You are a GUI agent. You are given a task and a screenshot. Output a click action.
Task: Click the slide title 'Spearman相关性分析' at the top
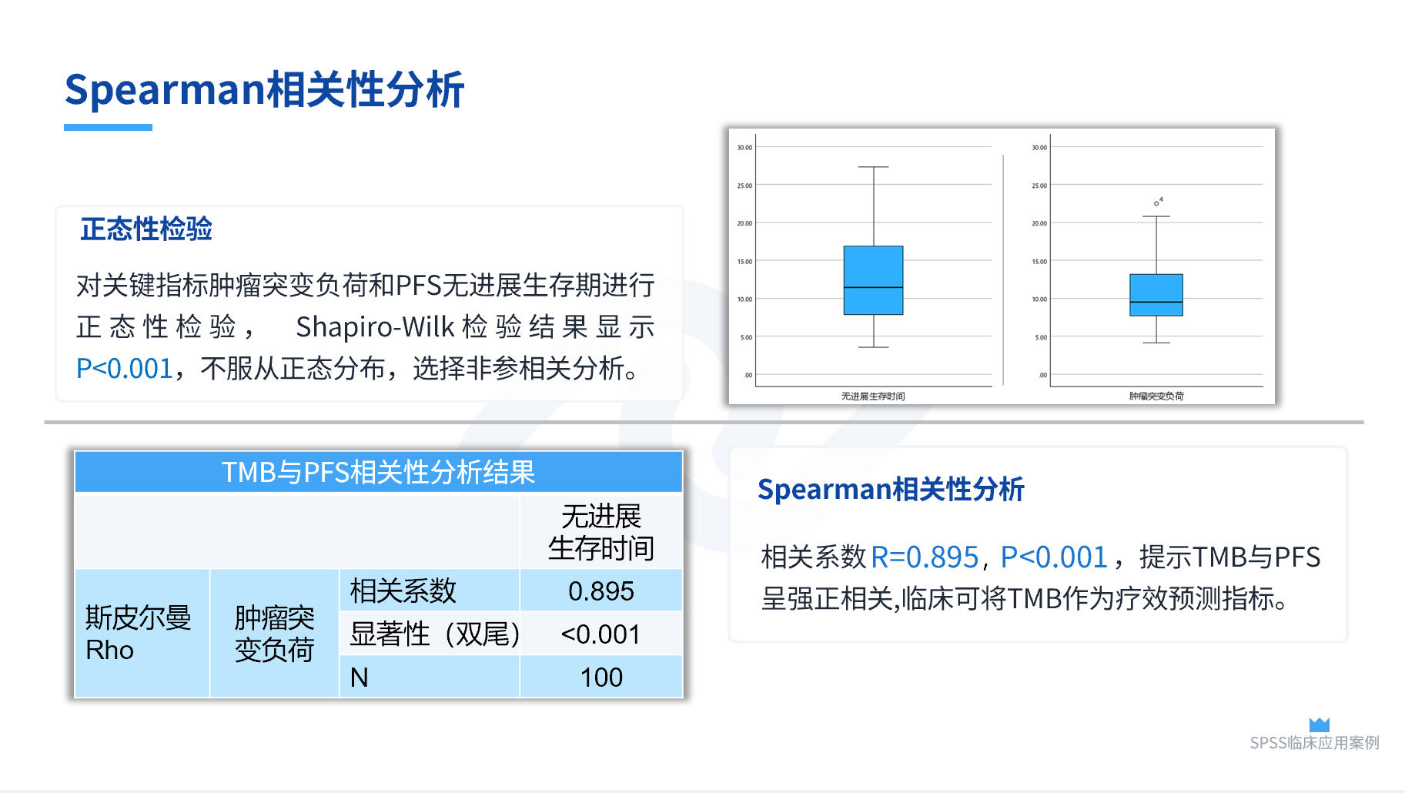[264, 89]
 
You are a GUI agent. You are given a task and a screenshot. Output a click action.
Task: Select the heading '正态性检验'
[146, 229]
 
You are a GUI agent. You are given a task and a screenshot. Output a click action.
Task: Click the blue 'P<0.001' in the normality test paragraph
[124, 369]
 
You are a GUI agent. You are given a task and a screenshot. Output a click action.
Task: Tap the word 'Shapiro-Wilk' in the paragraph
[375, 327]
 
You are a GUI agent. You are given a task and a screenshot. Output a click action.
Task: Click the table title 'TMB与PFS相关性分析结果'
[378, 472]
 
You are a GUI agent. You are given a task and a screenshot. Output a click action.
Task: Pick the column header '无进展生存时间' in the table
[601, 532]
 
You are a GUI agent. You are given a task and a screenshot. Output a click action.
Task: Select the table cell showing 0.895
[601, 591]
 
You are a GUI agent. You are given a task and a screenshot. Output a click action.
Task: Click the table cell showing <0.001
[601, 634]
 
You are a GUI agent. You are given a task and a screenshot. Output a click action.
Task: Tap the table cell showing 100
[601, 678]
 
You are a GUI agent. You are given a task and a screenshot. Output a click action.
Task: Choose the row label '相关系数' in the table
[403, 591]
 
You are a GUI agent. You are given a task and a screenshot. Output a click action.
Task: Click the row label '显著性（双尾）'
[435, 634]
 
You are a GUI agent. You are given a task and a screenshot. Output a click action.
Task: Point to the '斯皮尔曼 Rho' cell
[138, 634]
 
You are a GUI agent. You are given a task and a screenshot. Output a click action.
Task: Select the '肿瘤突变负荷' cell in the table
[274, 634]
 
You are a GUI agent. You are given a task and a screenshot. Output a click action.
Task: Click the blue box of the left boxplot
[873, 280]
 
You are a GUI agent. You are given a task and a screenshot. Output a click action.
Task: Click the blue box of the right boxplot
[1156, 295]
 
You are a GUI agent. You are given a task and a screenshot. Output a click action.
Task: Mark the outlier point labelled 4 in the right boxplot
[1156, 203]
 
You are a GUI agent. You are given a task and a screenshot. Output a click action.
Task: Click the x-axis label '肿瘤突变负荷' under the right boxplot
[1156, 396]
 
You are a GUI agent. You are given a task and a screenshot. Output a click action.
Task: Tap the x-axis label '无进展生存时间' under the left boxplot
[873, 396]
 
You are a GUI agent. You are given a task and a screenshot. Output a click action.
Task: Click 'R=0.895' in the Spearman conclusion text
[925, 557]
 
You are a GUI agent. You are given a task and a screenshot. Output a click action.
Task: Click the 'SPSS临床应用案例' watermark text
[1314, 743]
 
